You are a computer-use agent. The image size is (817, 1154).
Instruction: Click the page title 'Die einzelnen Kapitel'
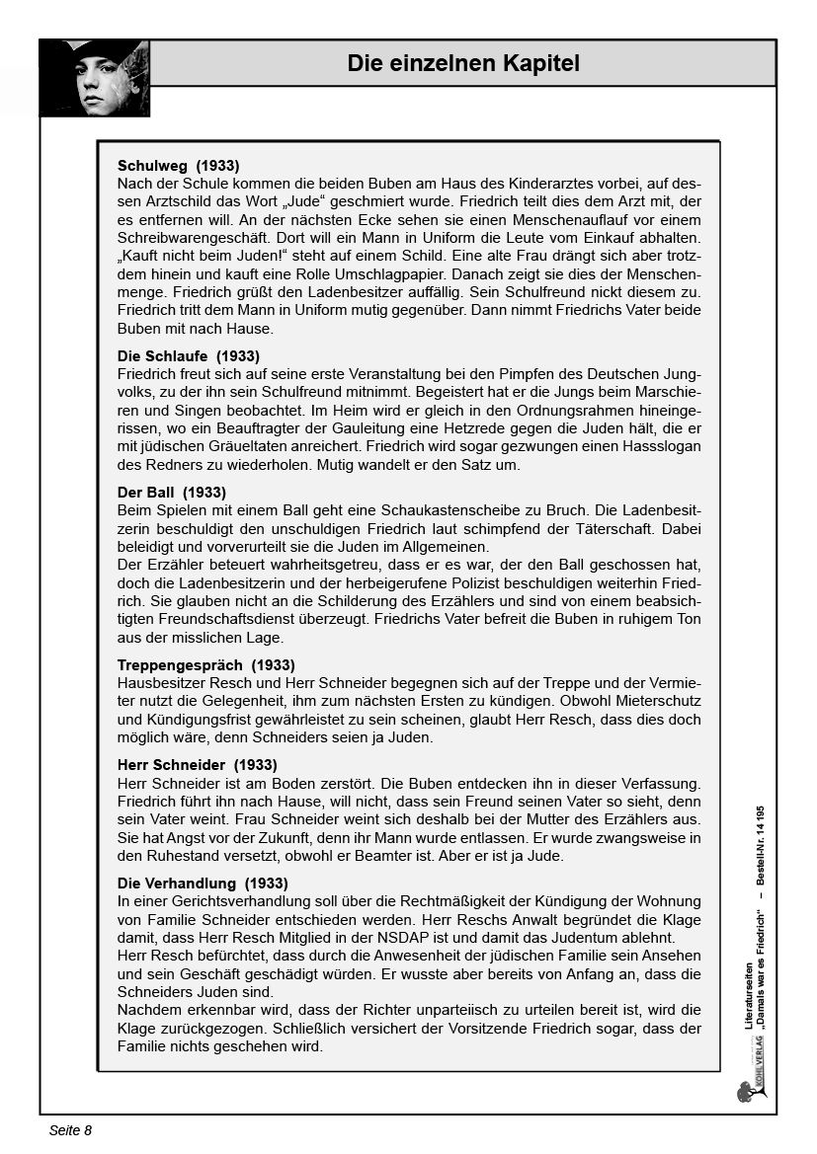(x=463, y=64)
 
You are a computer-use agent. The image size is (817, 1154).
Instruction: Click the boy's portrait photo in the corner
(x=95, y=79)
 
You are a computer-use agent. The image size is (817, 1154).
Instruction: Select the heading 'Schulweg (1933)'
(x=178, y=166)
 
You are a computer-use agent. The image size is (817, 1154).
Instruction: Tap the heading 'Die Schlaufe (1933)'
(x=189, y=355)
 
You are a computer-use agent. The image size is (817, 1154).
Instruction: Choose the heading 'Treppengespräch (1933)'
(x=205, y=664)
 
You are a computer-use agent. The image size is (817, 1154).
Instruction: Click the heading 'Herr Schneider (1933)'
(x=197, y=765)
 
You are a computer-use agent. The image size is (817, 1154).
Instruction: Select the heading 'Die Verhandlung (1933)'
(x=202, y=883)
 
